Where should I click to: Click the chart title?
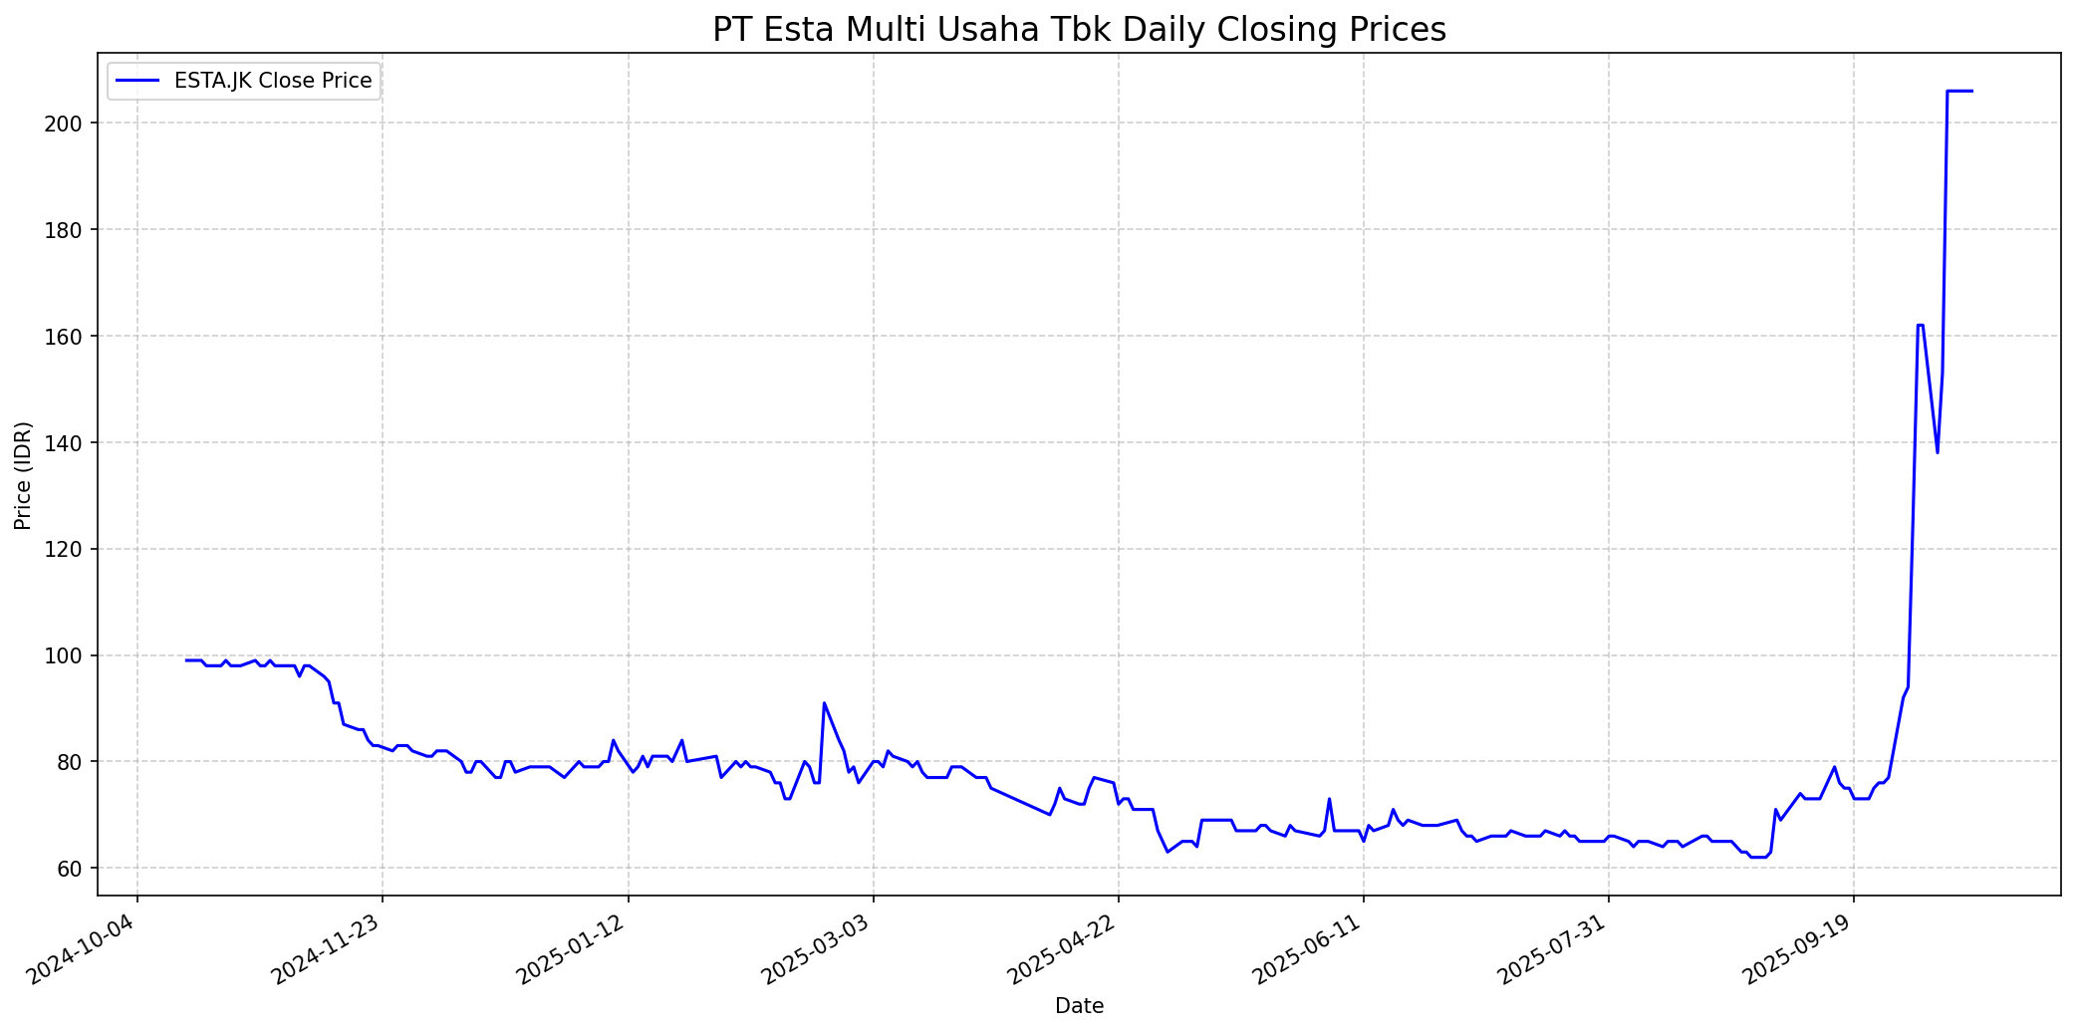pos(1079,30)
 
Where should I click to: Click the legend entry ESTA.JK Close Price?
pos(272,81)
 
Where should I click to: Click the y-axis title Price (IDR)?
pos(23,475)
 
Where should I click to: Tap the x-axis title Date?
pos(1079,1006)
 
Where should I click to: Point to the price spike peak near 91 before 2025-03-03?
pos(824,702)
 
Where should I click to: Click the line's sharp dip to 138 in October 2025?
pos(1937,452)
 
